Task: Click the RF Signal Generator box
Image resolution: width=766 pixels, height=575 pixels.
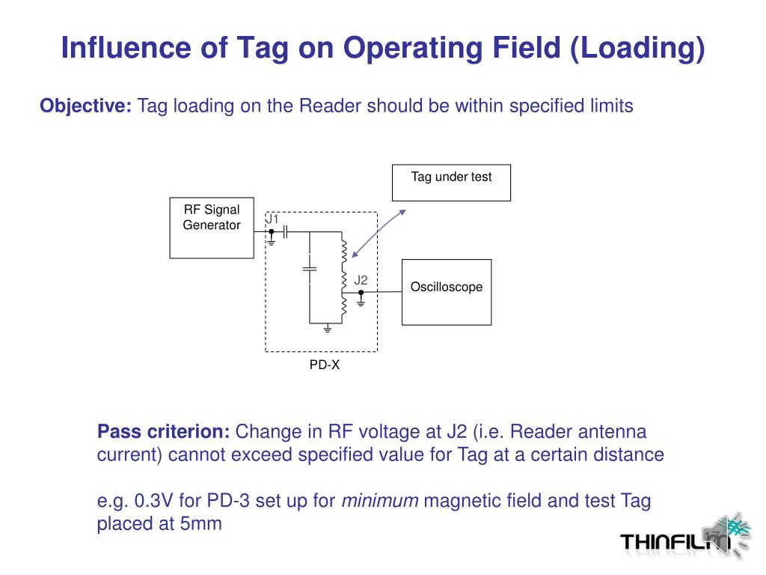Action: click(212, 228)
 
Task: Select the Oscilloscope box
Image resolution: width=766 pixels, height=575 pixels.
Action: click(447, 292)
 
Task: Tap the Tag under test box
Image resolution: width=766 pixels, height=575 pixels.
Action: click(451, 183)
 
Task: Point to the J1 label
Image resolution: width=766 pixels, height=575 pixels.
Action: click(272, 219)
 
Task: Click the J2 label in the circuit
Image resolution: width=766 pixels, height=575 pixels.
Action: click(361, 281)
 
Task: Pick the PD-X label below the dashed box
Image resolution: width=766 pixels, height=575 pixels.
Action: click(325, 366)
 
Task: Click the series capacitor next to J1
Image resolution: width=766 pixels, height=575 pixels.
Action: click(286, 232)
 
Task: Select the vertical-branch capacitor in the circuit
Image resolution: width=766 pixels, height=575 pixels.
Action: click(310, 267)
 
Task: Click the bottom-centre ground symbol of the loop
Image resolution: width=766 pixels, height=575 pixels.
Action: click(327, 328)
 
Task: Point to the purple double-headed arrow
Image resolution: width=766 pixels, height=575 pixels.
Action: click(379, 233)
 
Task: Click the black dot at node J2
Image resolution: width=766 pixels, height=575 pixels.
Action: click(361, 292)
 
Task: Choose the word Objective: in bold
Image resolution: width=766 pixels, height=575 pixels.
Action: click(86, 106)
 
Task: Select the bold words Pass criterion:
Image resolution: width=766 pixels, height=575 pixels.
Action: click(164, 432)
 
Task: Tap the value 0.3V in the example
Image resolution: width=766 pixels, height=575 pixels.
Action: click(155, 501)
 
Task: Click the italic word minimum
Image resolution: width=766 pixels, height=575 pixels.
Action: click(379, 501)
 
